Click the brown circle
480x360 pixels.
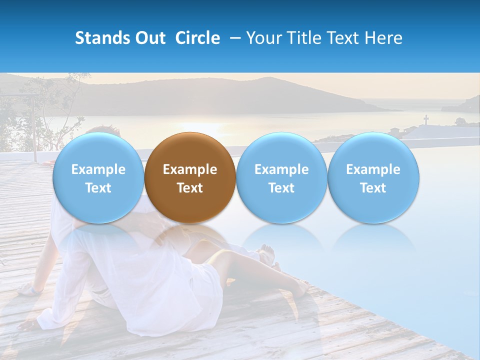click(190, 177)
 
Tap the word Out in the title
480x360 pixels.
click(149, 38)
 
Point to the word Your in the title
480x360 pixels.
click(264, 38)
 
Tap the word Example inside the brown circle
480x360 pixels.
click(190, 169)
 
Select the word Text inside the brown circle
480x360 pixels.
click(190, 188)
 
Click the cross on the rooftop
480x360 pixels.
click(426, 120)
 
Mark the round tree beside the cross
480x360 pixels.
click(459, 121)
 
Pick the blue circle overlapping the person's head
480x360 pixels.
click(98, 177)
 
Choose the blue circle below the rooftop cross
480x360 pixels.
click(373, 177)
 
